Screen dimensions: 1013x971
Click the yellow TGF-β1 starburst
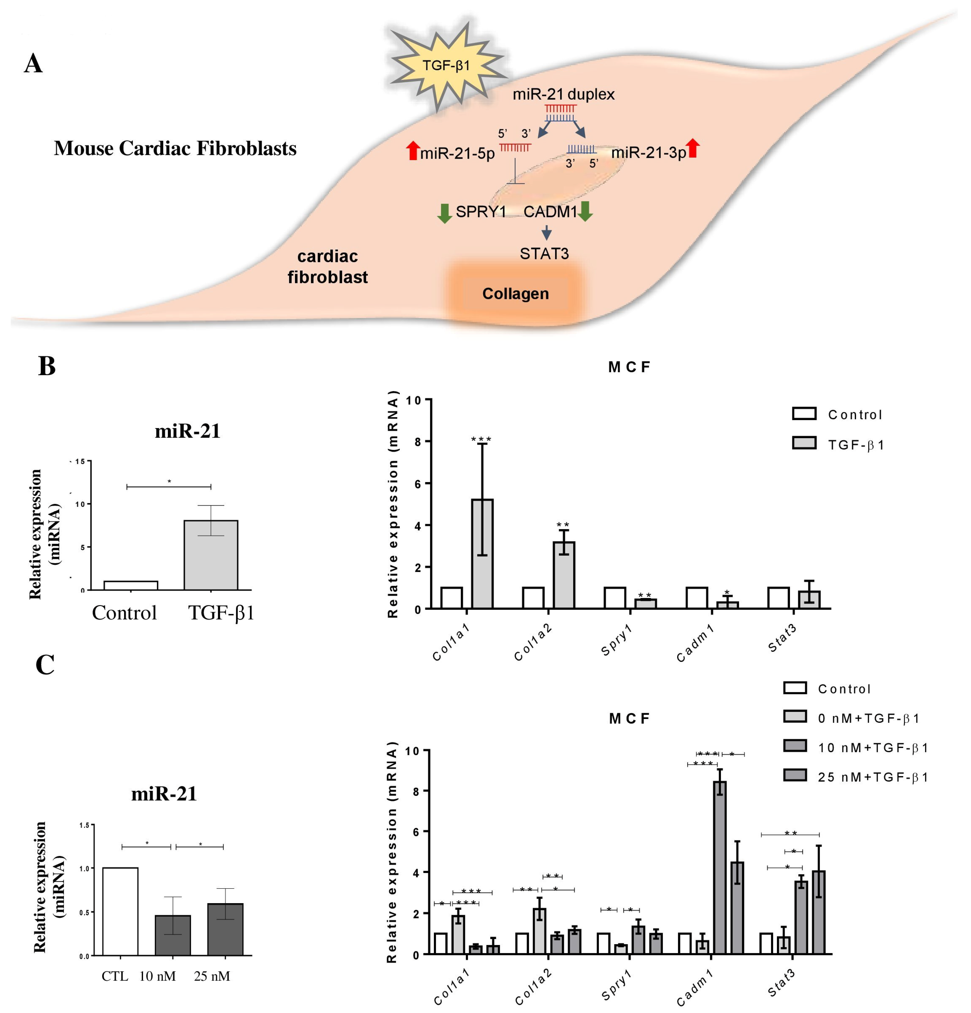pyautogui.click(x=446, y=66)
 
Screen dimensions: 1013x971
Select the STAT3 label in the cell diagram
pyautogui.click(x=544, y=254)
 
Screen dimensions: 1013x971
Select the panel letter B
pyautogui.click(x=46, y=366)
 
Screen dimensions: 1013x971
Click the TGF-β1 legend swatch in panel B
pyautogui.click(x=804, y=443)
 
